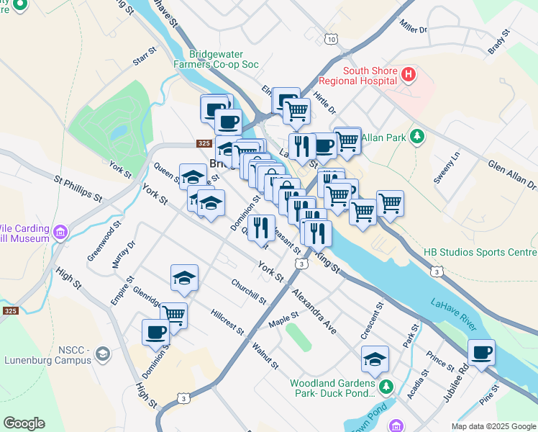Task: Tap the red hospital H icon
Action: [x=408, y=74]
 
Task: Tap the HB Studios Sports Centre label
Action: [x=491, y=253]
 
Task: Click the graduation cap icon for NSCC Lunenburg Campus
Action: [x=103, y=354]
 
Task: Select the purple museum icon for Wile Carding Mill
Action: [x=60, y=233]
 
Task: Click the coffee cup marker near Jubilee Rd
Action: [x=481, y=353]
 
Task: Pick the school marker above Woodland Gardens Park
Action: [x=375, y=359]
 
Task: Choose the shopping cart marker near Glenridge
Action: [x=173, y=315]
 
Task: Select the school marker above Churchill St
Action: [x=184, y=278]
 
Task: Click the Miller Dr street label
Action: [x=414, y=27]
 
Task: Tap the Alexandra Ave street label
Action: [x=314, y=312]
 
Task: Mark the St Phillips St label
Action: [x=78, y=187]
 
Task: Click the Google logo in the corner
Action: [x=24, y=423]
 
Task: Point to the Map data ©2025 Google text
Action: [x=493, y=426]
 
